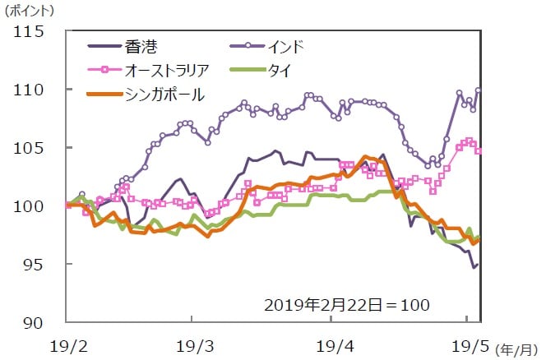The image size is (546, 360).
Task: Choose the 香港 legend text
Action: tap(141, 45)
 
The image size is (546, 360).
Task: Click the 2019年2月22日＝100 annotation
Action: tap(347, 304)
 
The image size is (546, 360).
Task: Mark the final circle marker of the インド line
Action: tap(479, 90)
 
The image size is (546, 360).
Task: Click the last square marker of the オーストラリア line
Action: tap(479, 150)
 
